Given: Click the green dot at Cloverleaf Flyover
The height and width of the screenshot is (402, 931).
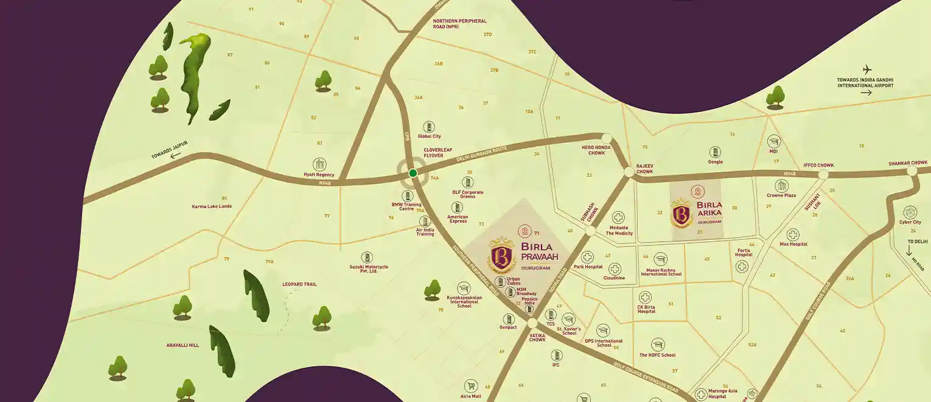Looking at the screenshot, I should point(413,173).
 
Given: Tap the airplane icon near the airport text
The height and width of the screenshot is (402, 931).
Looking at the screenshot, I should point(867,69).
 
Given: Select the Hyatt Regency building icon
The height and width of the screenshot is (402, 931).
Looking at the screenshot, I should point(319,164).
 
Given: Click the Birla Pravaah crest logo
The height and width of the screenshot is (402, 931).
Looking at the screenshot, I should point(503,256).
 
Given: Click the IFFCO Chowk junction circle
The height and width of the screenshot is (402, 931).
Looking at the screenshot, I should point(823,175).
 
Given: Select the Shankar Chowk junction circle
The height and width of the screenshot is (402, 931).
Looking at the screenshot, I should point(912,171).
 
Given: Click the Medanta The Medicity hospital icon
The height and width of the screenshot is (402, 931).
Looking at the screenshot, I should point(618,217).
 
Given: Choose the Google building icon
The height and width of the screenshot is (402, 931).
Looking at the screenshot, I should point(715,152).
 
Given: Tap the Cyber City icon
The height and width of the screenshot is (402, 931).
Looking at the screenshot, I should point(910,213).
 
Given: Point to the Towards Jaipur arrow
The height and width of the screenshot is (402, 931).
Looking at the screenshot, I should point(176,155).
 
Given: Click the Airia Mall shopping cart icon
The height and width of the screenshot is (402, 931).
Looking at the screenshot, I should point(470,386).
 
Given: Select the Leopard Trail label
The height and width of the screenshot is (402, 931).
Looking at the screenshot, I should point(299,284).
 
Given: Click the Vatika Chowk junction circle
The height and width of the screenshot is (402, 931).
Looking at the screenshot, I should point(532,323).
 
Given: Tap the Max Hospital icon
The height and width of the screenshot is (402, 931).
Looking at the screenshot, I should point(793,234).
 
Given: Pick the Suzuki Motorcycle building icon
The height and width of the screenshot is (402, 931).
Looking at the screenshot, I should point(367,258).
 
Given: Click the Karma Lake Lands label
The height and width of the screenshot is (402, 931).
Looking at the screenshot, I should point(212,206).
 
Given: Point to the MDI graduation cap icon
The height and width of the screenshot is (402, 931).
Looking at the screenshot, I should point(773,141).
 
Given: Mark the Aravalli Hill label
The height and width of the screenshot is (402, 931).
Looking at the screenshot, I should point(183,345).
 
